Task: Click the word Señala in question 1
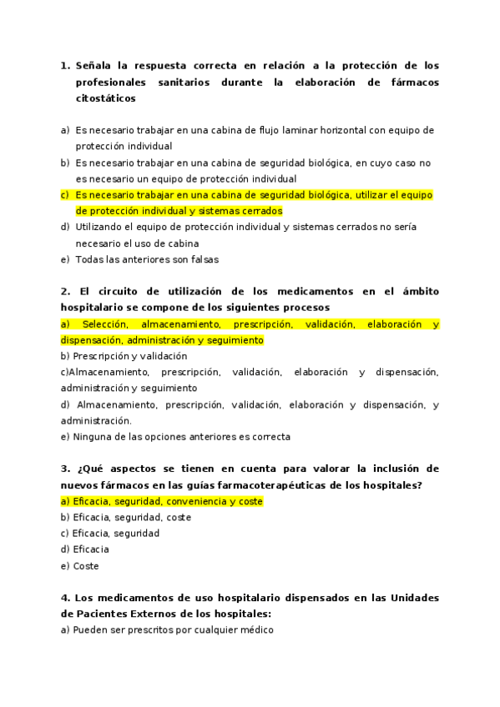(93, 65)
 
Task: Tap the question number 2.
(65, 291)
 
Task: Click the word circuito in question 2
(122, 291)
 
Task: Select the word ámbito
(418, 291)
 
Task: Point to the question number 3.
(65, 469)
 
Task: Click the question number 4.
(65, 598)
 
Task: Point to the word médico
(255, 630)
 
